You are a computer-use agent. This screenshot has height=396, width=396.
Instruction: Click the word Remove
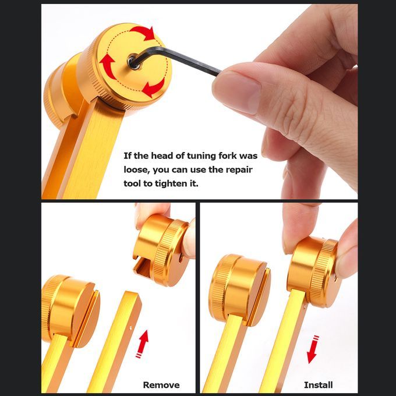coord(161,385)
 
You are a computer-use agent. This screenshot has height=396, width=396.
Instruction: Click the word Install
coord(318,385)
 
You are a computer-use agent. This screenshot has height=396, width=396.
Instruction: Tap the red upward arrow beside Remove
coord(143,344)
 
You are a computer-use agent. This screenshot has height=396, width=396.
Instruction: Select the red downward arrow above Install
coord(313,349)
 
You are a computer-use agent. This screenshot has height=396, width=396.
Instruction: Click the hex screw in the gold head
coord(134,62)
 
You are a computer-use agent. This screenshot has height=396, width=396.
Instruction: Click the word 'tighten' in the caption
coord(171,183)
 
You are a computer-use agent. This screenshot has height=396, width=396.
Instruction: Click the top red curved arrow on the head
coord(143,33)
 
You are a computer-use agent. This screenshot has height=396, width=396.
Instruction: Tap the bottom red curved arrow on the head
coord(153,88)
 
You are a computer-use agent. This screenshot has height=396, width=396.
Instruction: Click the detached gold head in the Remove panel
coord(162,250)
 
